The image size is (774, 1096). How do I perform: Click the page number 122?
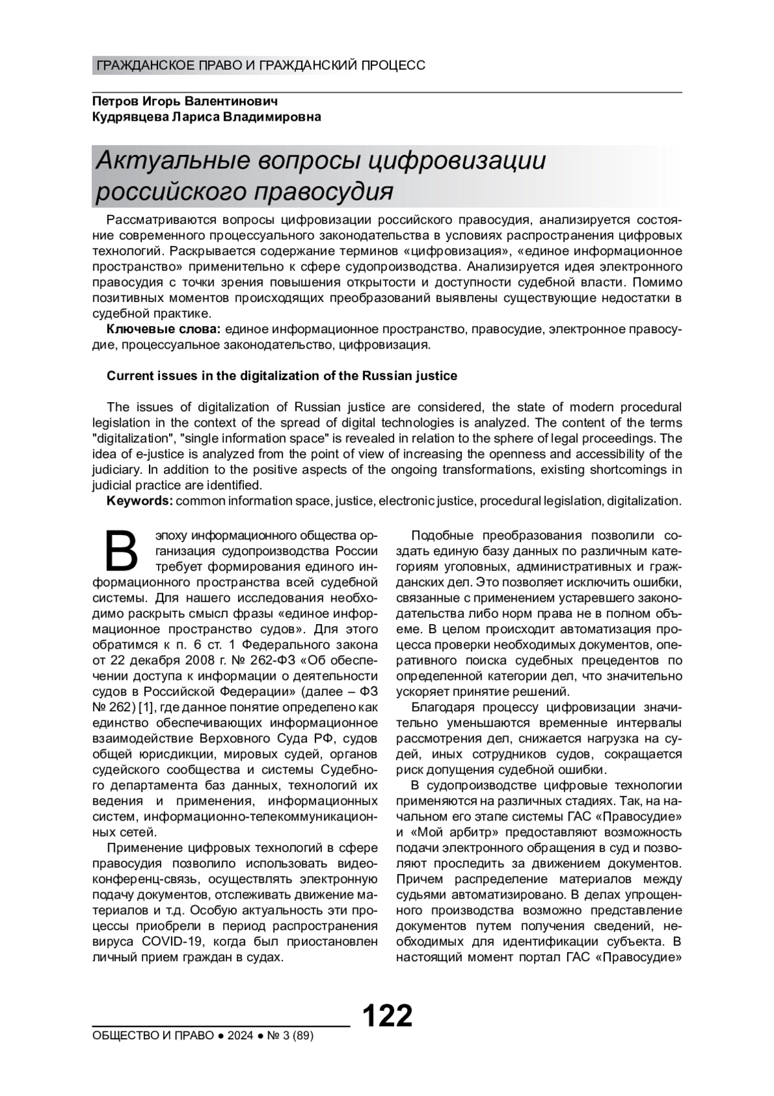[387, 1016]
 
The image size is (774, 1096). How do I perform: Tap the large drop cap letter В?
[121, 551]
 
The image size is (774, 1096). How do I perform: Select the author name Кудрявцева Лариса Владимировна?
[206, 117]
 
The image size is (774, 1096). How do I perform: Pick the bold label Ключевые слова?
[163, 329]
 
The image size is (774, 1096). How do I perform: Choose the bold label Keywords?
[139, 501]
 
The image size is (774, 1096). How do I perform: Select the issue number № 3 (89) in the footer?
[288, 1036]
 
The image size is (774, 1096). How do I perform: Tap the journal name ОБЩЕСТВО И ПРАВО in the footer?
[153, 1036]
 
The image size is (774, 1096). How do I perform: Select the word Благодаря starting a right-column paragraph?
[441, 707]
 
